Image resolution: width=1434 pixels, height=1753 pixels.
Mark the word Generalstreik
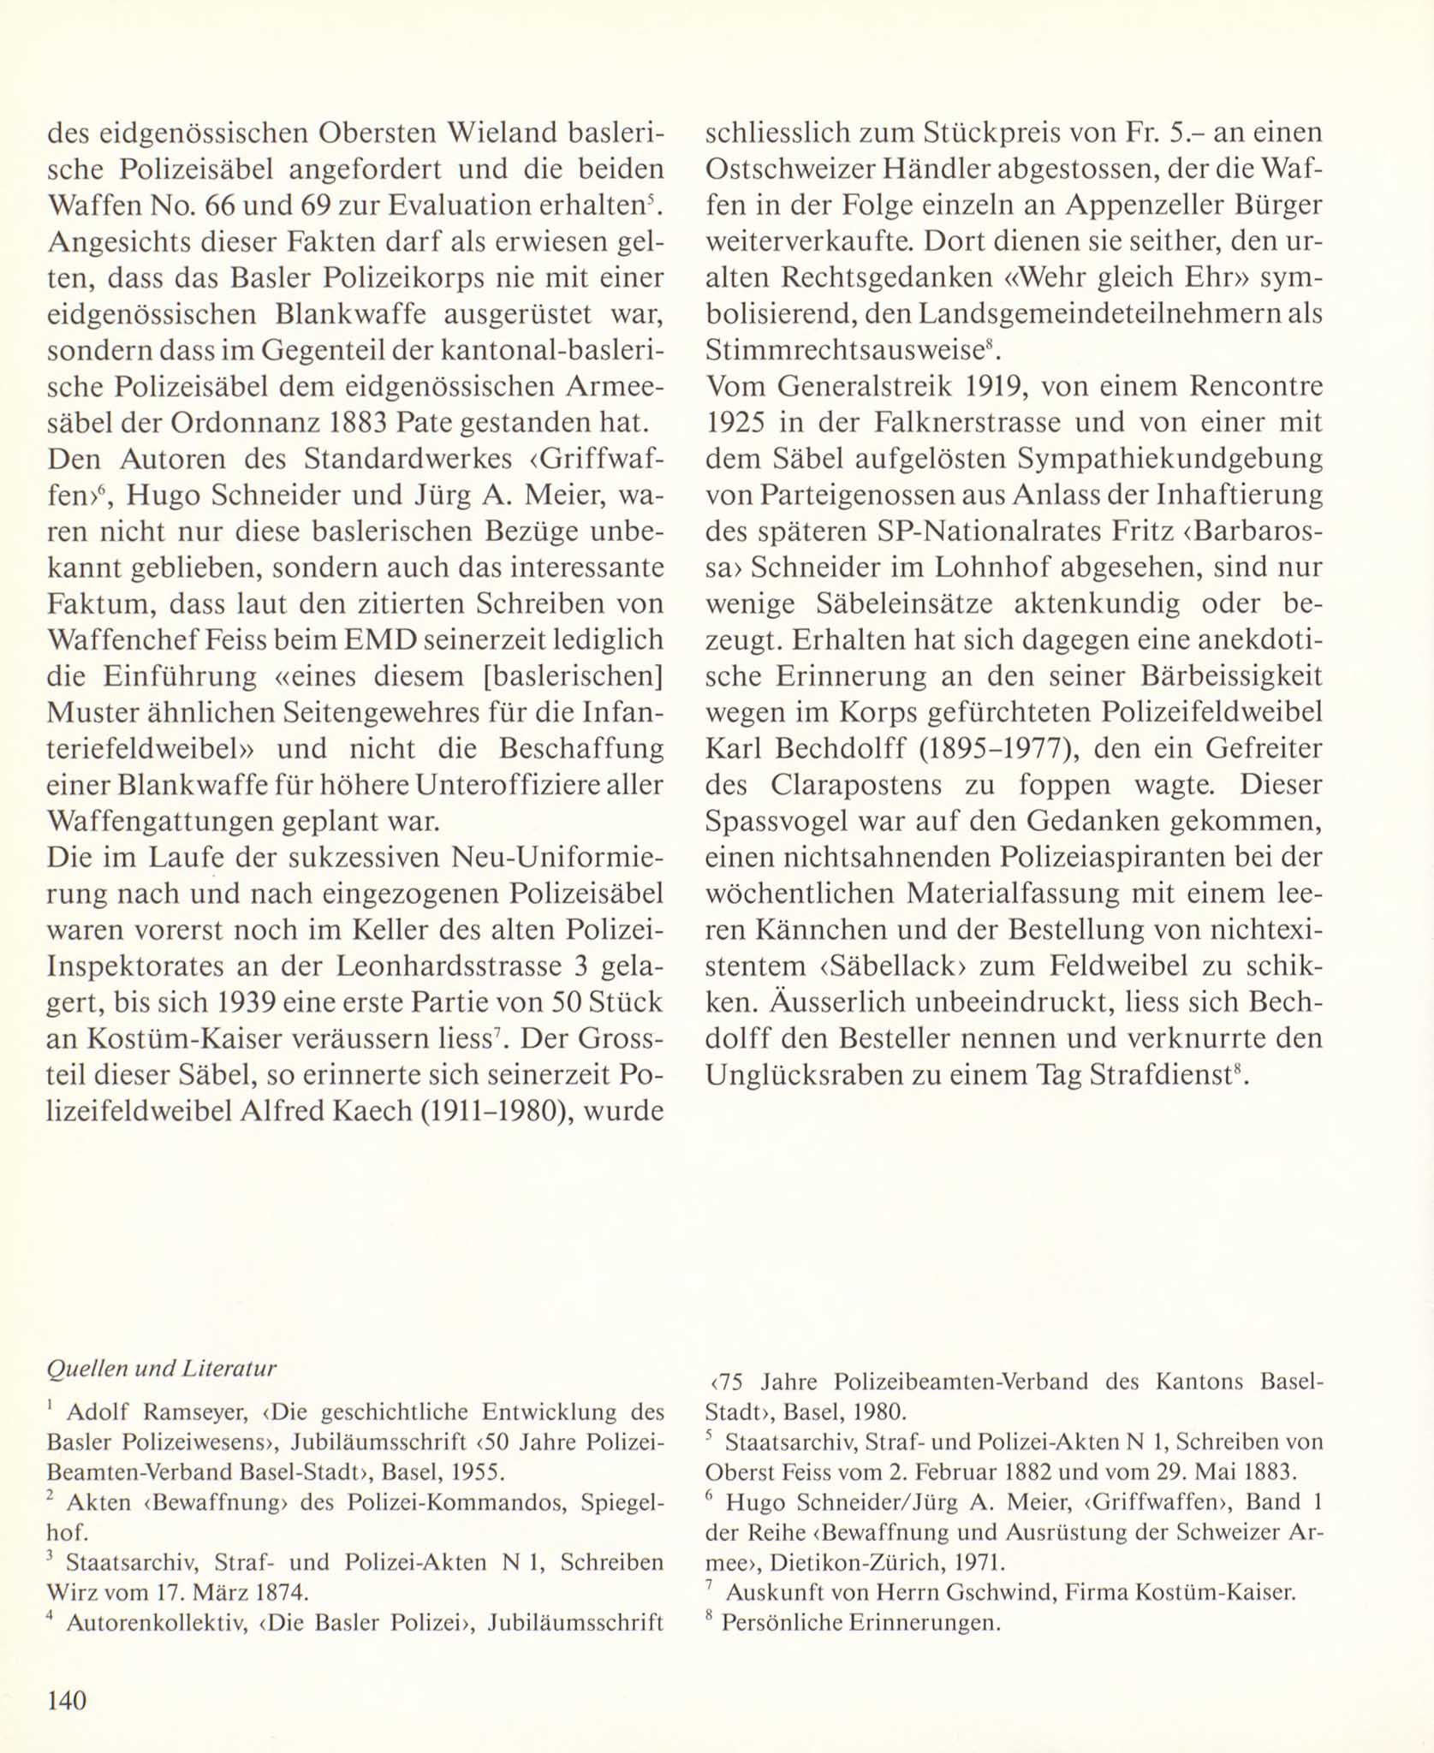click(x=870, y=387)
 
